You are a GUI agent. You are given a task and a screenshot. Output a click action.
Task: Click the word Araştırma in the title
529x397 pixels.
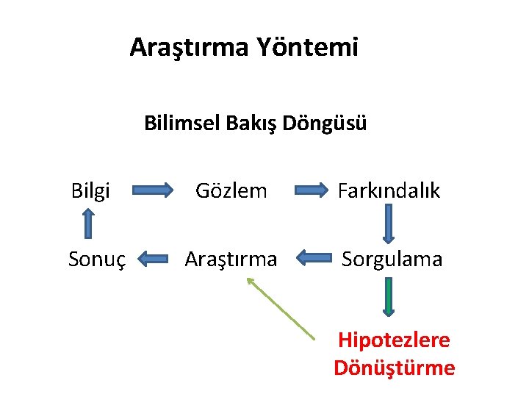coord(190,48)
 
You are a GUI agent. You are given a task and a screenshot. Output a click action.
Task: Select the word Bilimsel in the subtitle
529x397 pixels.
coord(176,123)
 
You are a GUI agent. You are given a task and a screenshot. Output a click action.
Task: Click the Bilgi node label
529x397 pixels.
coord(90,191)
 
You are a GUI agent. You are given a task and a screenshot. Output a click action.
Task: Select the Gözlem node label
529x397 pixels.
coord(231,191)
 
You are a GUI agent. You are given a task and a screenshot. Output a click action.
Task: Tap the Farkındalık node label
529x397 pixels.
coord(389,191)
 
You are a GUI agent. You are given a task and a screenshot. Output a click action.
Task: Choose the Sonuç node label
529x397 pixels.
coord(97,259)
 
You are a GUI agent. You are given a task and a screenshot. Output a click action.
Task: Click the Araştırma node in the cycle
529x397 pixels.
coord(231,259)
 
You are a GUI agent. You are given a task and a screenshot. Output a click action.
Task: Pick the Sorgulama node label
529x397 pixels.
coord(392,259)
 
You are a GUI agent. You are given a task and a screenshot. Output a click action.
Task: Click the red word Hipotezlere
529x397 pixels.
coord(394,340)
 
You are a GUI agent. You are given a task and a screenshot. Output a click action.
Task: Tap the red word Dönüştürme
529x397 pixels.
coord(394,368)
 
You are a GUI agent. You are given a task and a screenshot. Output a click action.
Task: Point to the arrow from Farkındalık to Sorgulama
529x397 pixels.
coord(389,223)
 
